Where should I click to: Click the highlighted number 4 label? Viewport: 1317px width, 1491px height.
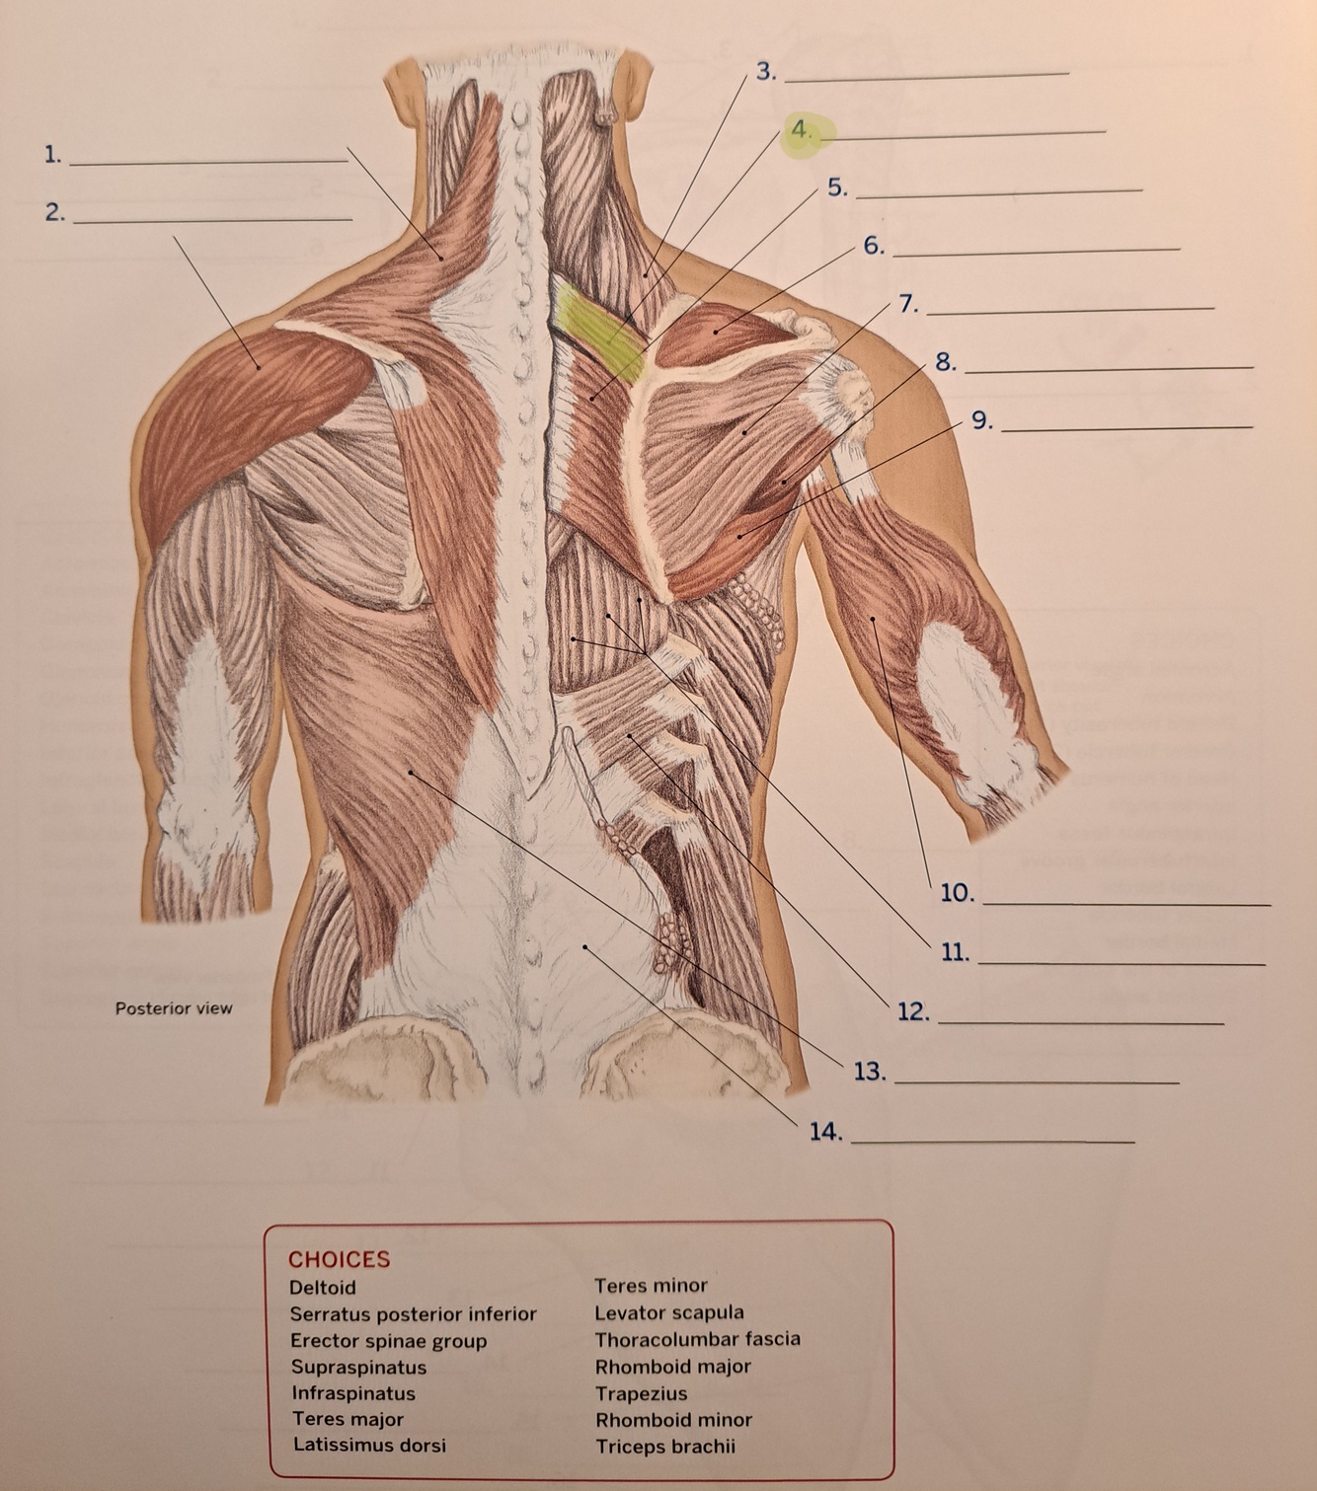[801, 130]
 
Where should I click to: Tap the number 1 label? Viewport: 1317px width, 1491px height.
[52, 154]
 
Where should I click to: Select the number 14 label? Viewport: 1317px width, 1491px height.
[825, 1132]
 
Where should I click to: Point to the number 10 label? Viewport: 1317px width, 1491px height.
[957, 894]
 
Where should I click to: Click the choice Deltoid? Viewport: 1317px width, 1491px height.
[322, 1288]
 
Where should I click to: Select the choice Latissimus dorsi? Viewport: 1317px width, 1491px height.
[368, 1446]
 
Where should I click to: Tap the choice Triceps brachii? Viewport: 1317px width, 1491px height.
[664, 1448]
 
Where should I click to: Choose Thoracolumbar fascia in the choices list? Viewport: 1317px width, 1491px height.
[697, 1340]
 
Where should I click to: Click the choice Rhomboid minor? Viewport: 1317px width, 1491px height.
[673, 1421]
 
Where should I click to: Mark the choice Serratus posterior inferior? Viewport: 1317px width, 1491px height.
[413, 1314]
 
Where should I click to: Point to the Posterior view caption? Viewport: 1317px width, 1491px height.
[174, 1008]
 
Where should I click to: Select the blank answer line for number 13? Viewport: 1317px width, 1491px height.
[1037, 1081]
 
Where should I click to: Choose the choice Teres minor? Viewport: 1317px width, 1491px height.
[651, 1286]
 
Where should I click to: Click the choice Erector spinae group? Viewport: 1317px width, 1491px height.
[388, 1341]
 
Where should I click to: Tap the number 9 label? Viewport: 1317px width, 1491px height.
[980, 420]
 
